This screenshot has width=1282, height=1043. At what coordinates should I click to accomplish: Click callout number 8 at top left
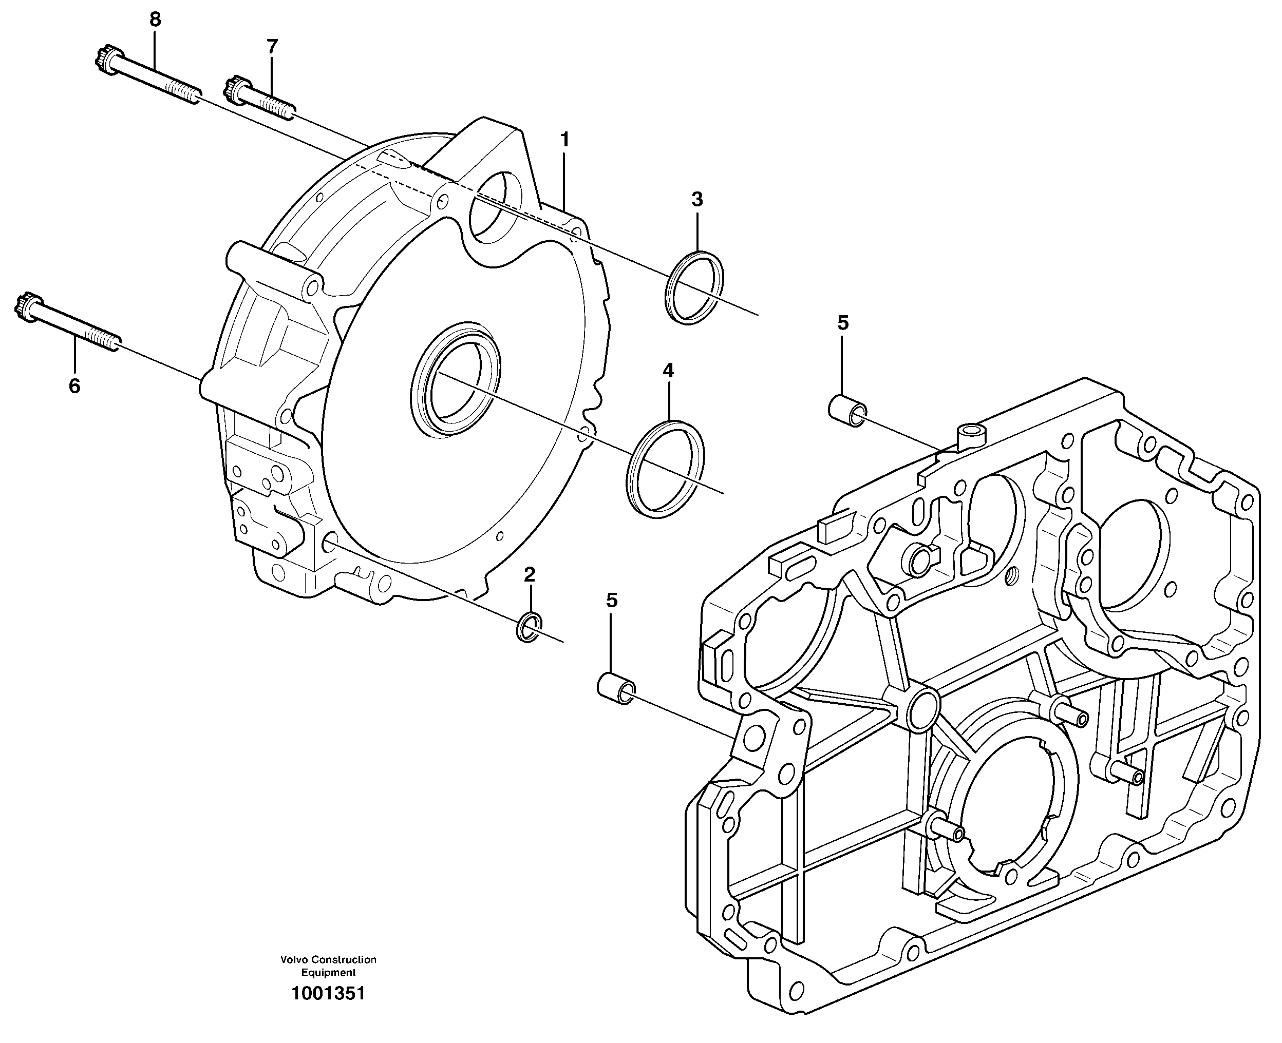155,20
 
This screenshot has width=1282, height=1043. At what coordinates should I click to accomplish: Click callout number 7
272,46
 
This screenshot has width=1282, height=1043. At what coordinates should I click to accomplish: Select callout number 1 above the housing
564,140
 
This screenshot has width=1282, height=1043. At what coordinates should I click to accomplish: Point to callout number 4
668,370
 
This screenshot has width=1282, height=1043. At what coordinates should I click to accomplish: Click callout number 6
74,387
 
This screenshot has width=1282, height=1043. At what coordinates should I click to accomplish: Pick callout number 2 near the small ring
529,575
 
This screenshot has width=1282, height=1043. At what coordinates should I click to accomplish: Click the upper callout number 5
843,323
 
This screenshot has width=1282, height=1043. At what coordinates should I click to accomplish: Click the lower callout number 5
611,600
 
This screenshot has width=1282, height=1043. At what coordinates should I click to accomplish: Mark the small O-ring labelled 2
529,627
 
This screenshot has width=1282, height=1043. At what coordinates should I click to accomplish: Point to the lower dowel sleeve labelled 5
615,689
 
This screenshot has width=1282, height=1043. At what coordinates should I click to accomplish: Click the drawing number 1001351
328,994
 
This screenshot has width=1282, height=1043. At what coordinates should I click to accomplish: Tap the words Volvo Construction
328,960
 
